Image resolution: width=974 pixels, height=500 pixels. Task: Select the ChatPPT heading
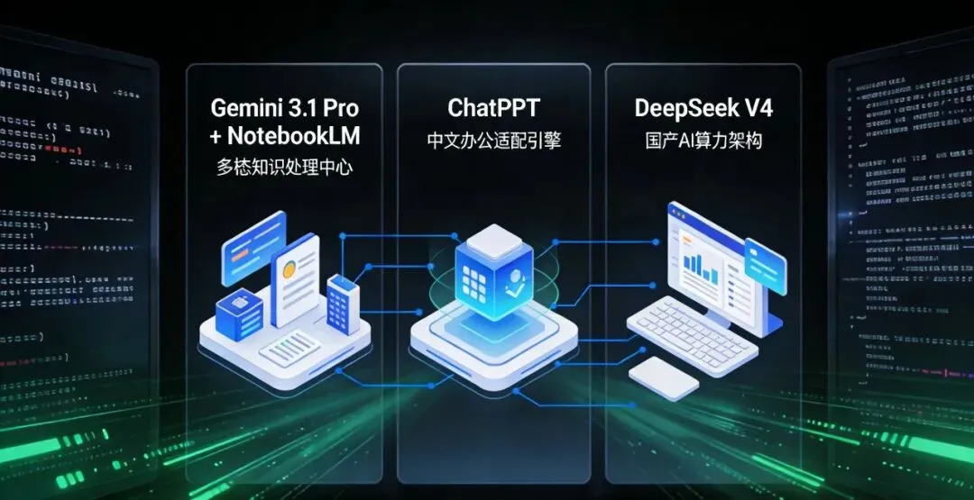pos(493,109)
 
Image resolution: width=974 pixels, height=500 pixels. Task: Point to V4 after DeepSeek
pos(756,109)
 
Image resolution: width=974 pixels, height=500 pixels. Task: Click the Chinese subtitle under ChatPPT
pos(493,141)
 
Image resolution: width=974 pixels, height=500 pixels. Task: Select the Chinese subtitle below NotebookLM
pos(285,168)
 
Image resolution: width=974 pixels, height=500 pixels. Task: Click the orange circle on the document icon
pos(289,268)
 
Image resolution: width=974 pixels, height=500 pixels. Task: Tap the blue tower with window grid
pos(342,302)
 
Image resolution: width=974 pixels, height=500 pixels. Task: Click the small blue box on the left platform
pos(239,312)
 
